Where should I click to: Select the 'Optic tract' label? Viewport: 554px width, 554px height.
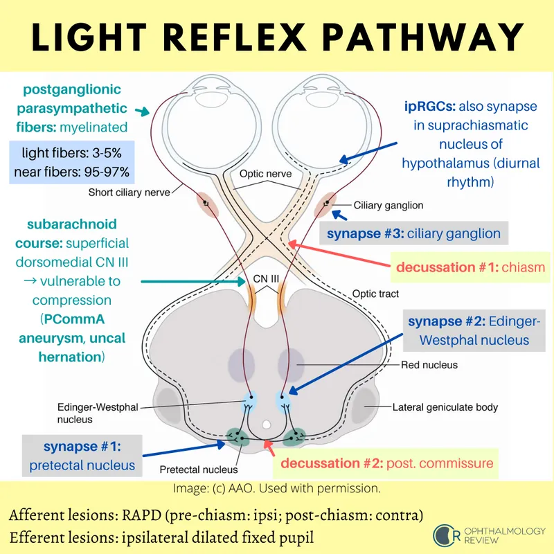(x=376, y=294)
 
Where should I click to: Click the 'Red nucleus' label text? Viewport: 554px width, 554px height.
(x=430, y=364)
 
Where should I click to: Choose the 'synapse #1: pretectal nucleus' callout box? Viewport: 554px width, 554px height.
(x=82, y=456)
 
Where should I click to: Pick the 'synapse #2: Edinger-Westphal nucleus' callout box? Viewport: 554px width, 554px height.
(x=468, y=330)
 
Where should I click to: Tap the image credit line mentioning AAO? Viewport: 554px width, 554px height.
(x=276, y=488)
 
